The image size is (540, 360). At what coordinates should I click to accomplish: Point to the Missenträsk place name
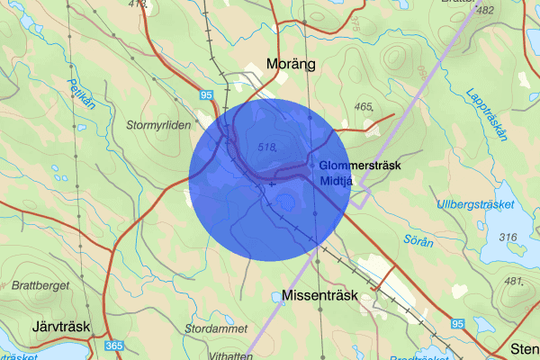click(x=319, y=294)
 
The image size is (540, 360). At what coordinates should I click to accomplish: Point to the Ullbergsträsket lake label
click(x=474, y=205)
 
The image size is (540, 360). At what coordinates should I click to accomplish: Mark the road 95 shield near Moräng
click(x=206, y=94)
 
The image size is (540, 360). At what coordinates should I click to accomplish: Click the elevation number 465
click(x=363, y=107)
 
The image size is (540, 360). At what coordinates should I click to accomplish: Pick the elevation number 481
click(x=514, y=282)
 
